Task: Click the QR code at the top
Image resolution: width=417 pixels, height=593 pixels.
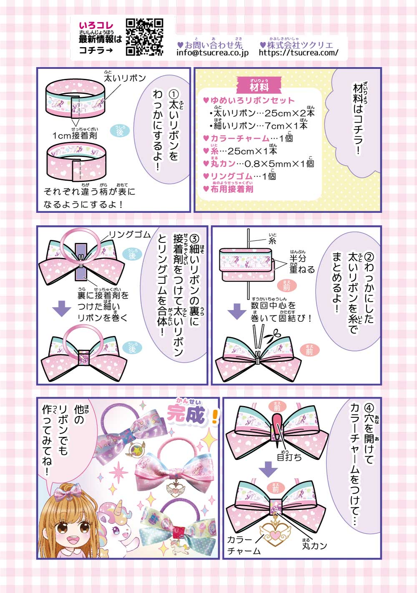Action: click(144, 37)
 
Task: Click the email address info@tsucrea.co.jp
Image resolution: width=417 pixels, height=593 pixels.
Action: click(213, 53)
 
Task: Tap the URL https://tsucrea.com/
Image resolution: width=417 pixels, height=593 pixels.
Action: click(299, 53)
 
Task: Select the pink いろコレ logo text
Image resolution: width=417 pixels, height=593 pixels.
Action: click(96, 26)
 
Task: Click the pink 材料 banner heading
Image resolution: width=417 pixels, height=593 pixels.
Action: click(259, 86)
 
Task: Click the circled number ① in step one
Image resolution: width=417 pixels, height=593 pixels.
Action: click(173, 94)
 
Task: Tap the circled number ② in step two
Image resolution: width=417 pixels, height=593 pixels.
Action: click(369, 257)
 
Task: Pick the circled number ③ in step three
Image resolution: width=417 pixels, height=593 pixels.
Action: click(194, 239)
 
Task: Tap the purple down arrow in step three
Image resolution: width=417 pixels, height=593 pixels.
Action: click(62, 309)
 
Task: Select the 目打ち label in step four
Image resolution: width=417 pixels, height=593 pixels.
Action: click(289, 457)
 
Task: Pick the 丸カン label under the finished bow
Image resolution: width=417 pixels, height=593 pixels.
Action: click(314, 545)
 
